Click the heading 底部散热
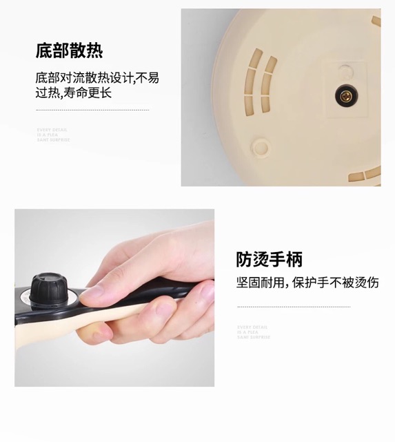point(70,50)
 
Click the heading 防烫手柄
point(269,260)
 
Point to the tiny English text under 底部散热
point(53,135)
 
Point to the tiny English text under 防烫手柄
point(254,332)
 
